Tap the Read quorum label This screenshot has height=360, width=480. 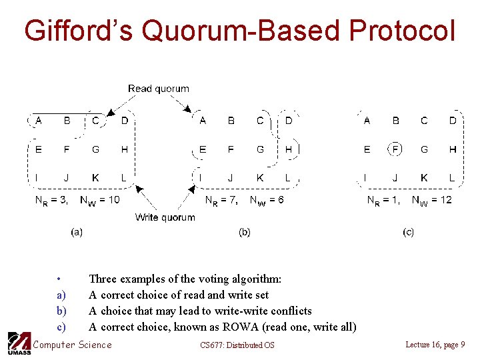(159, 89)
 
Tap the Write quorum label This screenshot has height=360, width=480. (165, 217)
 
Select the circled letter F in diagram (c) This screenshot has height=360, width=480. (395, 149)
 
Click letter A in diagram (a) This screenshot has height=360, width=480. (38, 121)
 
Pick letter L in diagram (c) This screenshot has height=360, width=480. (452, 178)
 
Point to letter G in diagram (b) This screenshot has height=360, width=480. (260, 149)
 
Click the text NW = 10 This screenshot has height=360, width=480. (100, 200)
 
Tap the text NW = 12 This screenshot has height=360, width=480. (431, 200)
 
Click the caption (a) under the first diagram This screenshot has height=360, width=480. (77, 232)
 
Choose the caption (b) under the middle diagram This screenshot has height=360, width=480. (245, 232)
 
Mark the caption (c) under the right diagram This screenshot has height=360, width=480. (408, 232)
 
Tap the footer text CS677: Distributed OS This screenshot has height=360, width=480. (237, 345)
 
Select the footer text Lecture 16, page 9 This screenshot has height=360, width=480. (435, 344)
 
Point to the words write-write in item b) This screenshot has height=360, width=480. (225, 311)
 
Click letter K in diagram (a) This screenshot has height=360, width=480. (95, 178)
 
